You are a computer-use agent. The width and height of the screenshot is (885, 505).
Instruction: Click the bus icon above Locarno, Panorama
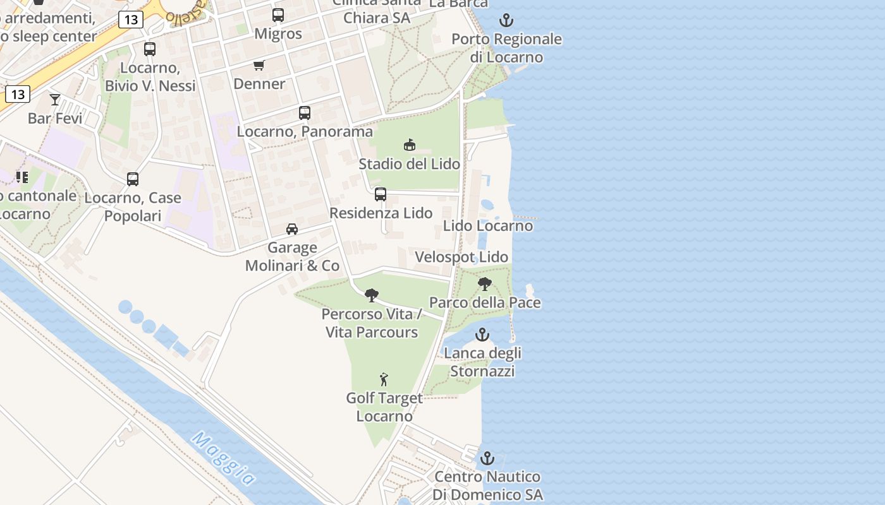305,113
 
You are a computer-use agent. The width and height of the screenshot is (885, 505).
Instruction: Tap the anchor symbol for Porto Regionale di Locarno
506,21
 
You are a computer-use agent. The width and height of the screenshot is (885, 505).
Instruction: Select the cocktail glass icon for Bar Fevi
55,99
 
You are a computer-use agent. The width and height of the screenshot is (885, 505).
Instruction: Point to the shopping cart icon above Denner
259,66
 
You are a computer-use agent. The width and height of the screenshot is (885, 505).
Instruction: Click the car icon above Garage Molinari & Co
291,229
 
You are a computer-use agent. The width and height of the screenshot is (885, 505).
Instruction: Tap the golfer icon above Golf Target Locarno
384,379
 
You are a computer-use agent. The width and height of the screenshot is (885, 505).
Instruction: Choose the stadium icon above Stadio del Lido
410,145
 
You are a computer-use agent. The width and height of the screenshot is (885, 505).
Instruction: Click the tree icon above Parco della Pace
485,284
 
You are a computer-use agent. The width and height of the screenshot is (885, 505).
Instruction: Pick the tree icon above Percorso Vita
372,295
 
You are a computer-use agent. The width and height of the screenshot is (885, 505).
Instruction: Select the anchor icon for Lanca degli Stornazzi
482,335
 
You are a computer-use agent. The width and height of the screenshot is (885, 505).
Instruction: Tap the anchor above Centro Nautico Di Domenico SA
487,458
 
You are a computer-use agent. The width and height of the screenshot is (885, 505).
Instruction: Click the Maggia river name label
224,459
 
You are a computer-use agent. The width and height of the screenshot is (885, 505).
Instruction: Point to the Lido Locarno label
488,225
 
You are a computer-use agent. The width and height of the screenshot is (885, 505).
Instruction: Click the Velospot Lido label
461,257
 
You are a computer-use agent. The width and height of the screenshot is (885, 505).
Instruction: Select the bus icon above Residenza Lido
381,194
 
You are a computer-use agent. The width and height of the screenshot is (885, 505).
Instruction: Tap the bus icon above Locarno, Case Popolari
133,179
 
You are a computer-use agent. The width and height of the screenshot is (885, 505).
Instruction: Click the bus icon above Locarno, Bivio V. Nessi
150,49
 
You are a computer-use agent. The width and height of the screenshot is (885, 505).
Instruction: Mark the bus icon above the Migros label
278,15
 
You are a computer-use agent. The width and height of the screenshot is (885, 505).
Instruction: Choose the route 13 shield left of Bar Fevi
17,95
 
